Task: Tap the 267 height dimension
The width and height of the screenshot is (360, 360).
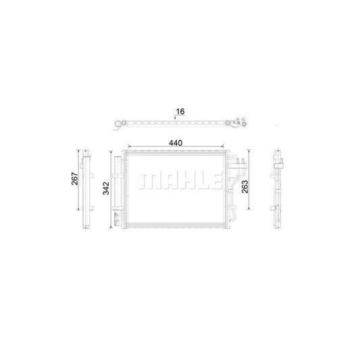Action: point(76,179)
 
